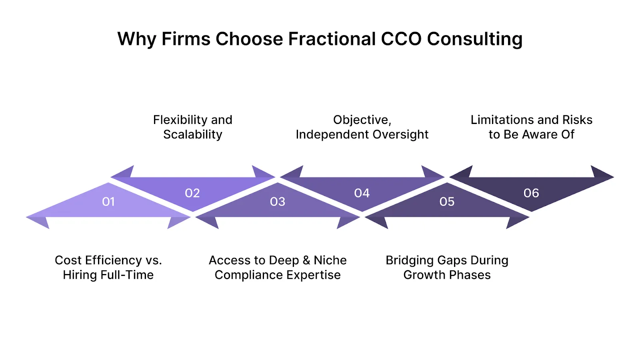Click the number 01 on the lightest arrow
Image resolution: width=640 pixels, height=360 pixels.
click(x=108, y=202)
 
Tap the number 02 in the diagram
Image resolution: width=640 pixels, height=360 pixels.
click(x=192, y=193)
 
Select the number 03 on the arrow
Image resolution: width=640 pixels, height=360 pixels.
click(x=278, y=202)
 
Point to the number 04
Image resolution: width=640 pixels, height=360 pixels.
click(x=362, y=193)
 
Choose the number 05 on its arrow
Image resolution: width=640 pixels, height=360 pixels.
click(x=447, y=202)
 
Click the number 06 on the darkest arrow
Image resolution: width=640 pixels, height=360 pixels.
click(x=531, y=193)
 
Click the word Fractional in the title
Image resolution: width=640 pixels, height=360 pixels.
click(x=331, y=39)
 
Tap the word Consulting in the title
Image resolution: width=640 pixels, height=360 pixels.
click(x=474, y=39)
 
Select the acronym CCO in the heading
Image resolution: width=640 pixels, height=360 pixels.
click(x=401, y=39)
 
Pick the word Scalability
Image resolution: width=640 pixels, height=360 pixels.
click(x=192, y=134)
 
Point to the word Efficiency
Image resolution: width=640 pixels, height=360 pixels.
click(x=113, y=260)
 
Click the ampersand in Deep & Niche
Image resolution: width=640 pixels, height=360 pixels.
click(x=306, y=260)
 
